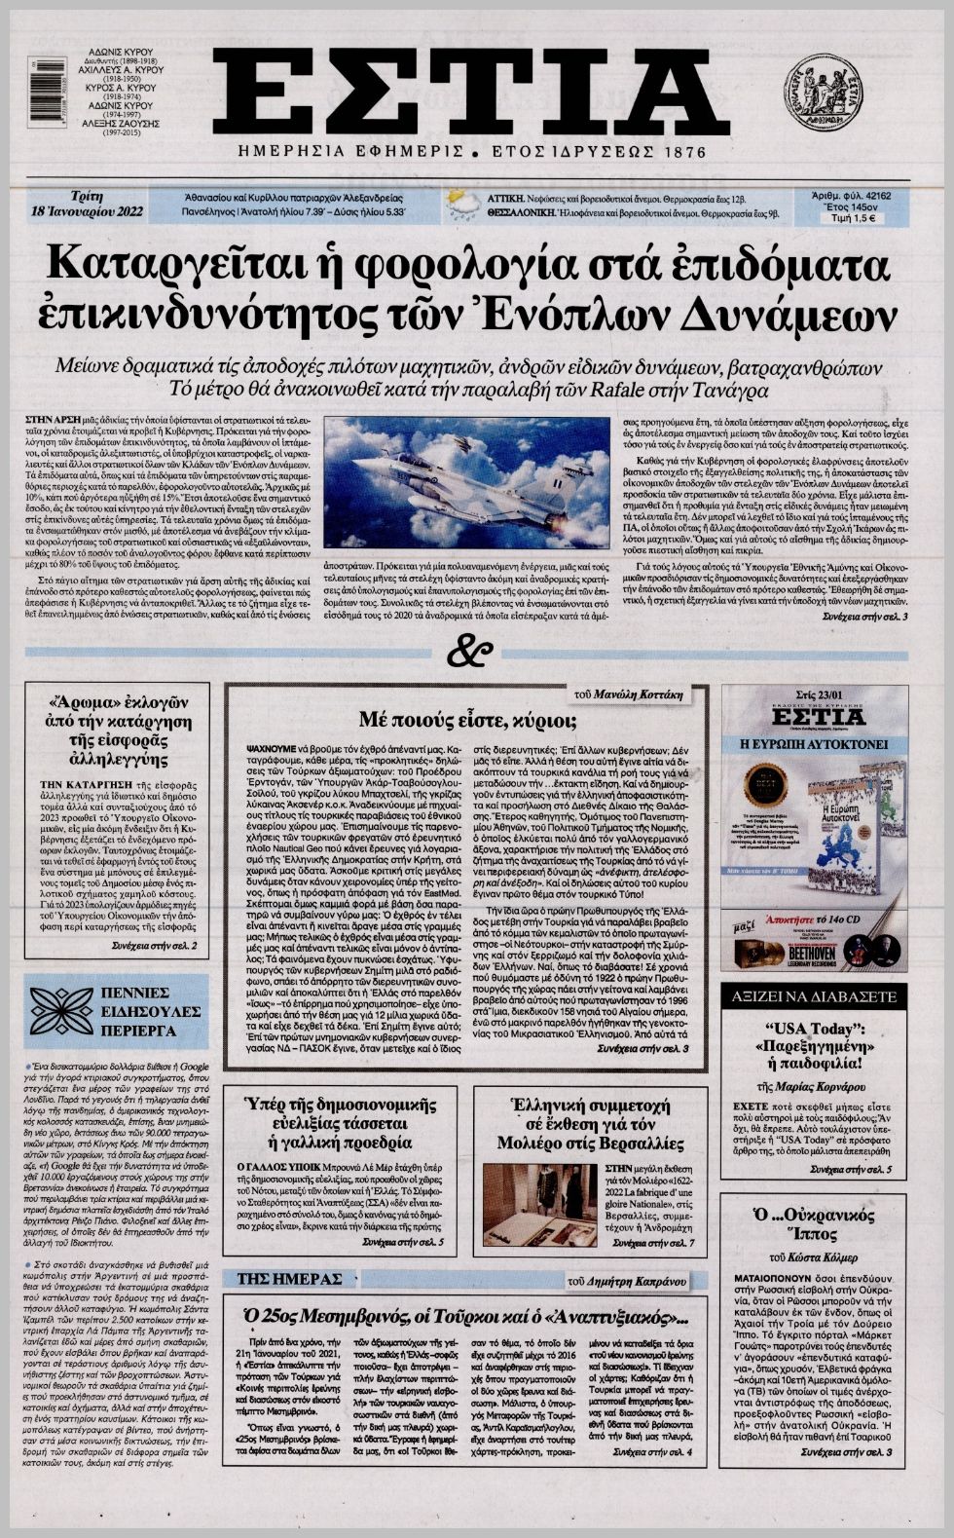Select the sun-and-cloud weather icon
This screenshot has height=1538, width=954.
coord(454,205)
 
